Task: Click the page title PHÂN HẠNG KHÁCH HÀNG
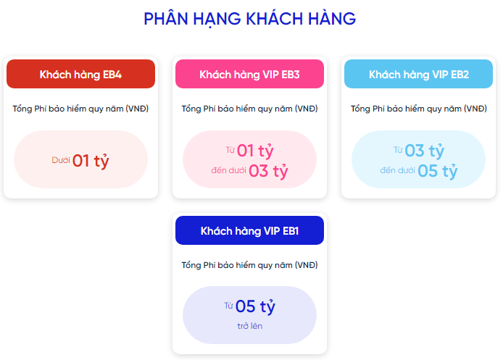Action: (249, 19)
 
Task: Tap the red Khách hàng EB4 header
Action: (81, 74)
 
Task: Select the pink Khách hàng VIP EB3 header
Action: (249, 74)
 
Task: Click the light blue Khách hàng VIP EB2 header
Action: (419, 74)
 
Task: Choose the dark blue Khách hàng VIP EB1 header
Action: (249, 230)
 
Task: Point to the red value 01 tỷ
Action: (91, 161)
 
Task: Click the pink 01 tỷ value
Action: (255, 151)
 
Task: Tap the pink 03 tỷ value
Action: (268, 171)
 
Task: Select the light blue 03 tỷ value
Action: (425, 151)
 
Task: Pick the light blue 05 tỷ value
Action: (438, 171)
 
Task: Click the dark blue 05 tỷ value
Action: (255, 307)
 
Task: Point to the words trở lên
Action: (250, 326)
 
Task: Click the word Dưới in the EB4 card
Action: (61, 160)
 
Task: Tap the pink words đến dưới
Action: (228, 170)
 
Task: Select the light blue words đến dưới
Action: (397, 170)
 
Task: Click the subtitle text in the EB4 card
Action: (81, 109)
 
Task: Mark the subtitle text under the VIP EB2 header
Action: (419, 109)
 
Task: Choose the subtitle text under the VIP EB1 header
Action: (249, 265)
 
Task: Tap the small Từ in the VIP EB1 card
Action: (228, 306)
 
